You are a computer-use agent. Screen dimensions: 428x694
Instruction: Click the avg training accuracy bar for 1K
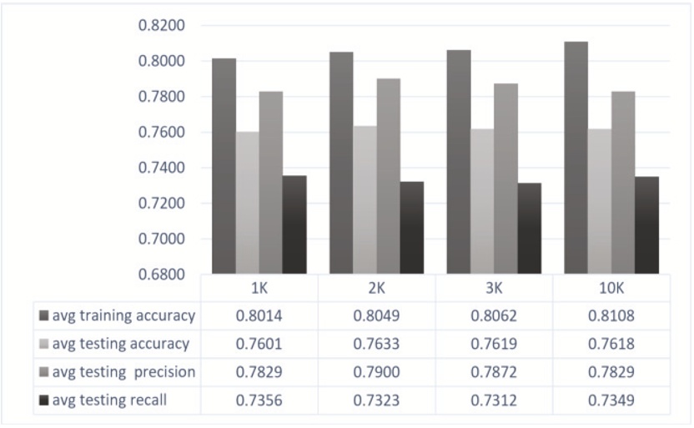click(x=224, y=166)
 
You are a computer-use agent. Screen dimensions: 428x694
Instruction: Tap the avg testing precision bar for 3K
click(x=505, y=179)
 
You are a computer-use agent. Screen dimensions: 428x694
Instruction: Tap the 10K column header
click(x=611, y=288)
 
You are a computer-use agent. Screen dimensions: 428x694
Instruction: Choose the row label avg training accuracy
click(x=123, y=316)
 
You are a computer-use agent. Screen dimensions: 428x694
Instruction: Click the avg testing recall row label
click(x=108, y=400)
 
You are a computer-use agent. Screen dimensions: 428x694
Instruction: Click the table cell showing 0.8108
click(x=611, y=316)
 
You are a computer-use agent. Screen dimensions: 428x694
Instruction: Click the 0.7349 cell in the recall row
click(x=611, y=400)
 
